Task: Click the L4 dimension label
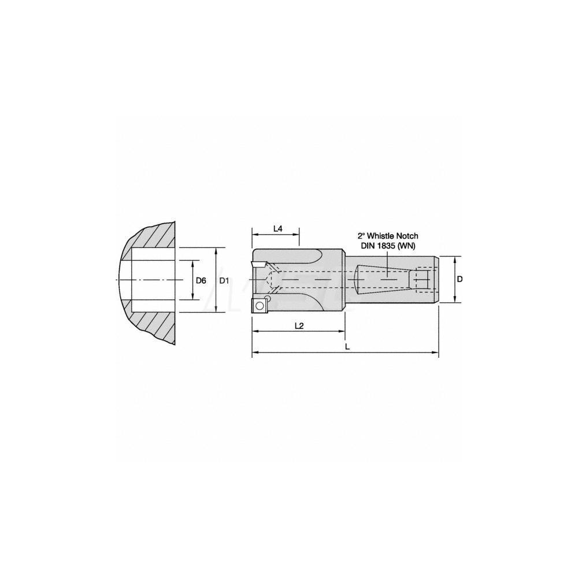point(277,229)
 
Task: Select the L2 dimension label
point(299,325)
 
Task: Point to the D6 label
point(201,280)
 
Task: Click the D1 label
point(225,280)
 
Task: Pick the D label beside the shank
point(460,279)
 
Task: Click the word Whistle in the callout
point(382,236)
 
